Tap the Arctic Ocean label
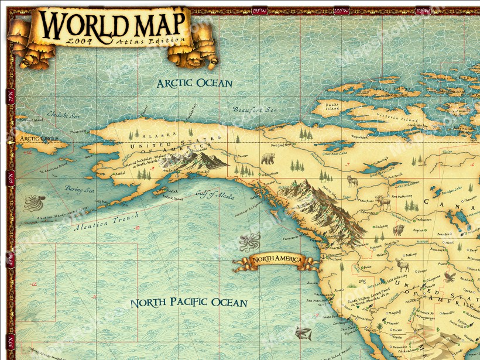click(194, 83)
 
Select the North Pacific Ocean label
click(188, 303)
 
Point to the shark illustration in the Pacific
click(303, 333)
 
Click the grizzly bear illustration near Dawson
click(269, 158)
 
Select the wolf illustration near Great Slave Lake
click(352, 181)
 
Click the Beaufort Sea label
click(254, 109)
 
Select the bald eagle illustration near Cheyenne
click(449, 276)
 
